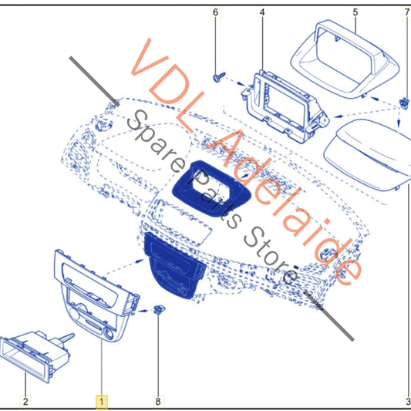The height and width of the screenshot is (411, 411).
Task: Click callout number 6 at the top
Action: pos(215,12)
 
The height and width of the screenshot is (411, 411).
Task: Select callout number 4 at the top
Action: pos(262,12)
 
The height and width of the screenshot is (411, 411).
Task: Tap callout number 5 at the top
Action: pos(355,12)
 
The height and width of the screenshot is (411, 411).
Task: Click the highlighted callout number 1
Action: pos(102,401)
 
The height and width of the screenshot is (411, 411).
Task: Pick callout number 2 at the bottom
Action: pos(25,401)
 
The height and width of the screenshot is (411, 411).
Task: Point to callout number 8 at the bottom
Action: pos(158,401)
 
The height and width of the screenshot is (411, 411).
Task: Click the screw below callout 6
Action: pos(219,77)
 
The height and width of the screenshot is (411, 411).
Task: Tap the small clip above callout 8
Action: pos(159,309)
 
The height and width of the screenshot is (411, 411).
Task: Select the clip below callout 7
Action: pos(404,103)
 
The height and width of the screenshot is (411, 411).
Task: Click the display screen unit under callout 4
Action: pos(285,106)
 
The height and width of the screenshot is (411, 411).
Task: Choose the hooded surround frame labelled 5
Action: pos(345,59)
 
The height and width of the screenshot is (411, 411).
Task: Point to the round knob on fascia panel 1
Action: pos(108,333)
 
